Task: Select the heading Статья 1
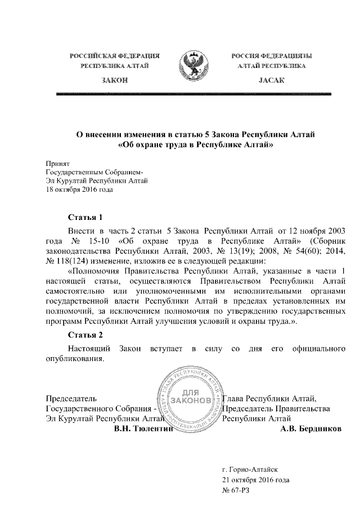(84, 217)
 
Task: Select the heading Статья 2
(84, 336)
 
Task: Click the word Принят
(56, 162)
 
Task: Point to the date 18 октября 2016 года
(79, 190)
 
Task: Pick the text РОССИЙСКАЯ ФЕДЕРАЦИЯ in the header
(115, 56)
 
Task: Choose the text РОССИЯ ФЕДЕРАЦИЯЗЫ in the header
(272, 56)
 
